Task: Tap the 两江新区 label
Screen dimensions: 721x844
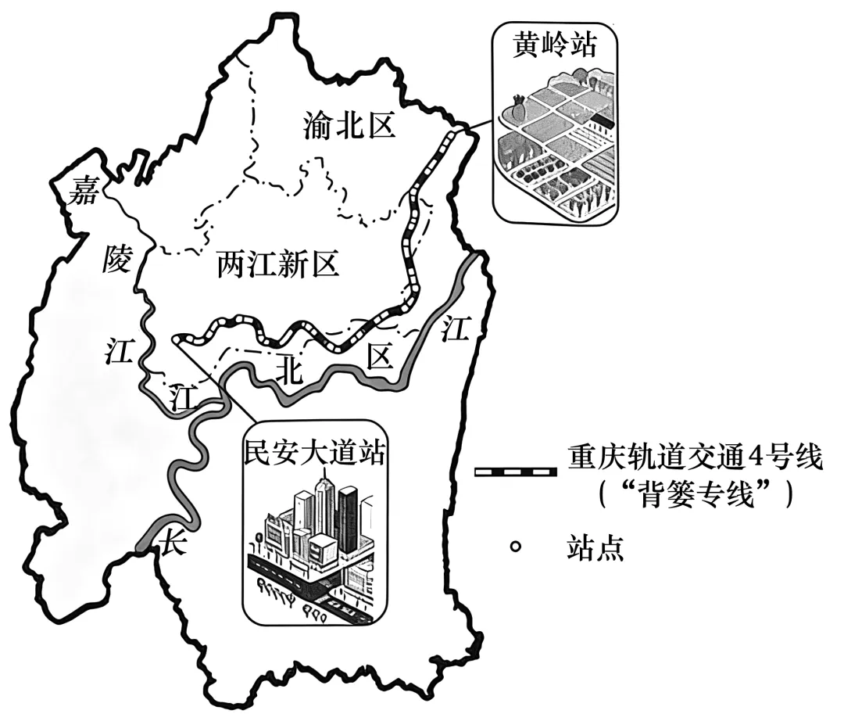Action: coord(278,267)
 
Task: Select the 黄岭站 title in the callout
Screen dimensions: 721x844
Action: coord(556,46)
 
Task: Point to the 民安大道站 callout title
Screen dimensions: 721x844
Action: coord(314,453)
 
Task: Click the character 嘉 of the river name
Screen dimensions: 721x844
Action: coord(84,190)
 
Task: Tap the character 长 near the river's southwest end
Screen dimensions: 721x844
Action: coord(170,542)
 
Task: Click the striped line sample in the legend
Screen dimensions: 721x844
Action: coord(515,472)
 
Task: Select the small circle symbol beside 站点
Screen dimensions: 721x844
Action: coord(514,546)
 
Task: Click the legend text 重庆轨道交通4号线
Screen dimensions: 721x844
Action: coord(696,457)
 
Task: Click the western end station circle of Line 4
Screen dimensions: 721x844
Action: coord(181,339)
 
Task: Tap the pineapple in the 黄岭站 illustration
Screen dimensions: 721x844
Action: coord(518,106)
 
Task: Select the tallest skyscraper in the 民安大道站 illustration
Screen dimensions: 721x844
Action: coord(324,508)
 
